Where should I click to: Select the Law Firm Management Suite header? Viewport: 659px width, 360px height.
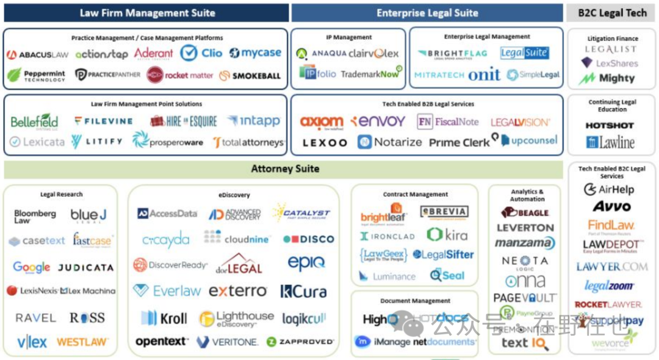point(147,13)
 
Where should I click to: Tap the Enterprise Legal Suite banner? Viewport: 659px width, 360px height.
point(427,13)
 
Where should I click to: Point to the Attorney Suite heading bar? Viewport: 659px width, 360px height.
point(285,168)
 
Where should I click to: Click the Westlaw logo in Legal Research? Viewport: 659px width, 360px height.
point(82,342)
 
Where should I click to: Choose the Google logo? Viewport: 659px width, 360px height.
point(32,267)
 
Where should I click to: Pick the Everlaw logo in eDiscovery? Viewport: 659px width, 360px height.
point(167,291)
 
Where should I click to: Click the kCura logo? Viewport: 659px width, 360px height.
point(303,292)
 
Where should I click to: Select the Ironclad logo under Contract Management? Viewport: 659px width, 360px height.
point(387,236)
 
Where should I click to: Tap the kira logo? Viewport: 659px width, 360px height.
point(447,234)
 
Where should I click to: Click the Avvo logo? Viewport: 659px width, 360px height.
point(611,207)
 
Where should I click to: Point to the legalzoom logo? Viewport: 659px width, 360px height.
point(609,286)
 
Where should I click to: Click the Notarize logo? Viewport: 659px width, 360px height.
point(390,142)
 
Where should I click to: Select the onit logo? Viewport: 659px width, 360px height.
point(484,74)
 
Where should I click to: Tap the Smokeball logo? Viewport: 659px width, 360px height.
point(250,76)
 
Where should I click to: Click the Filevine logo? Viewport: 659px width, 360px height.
point(104,121)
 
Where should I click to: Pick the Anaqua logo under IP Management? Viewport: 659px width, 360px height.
point(322,54)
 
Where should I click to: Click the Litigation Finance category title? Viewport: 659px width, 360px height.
point(613,38)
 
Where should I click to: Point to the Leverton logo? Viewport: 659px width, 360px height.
point(525,228)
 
